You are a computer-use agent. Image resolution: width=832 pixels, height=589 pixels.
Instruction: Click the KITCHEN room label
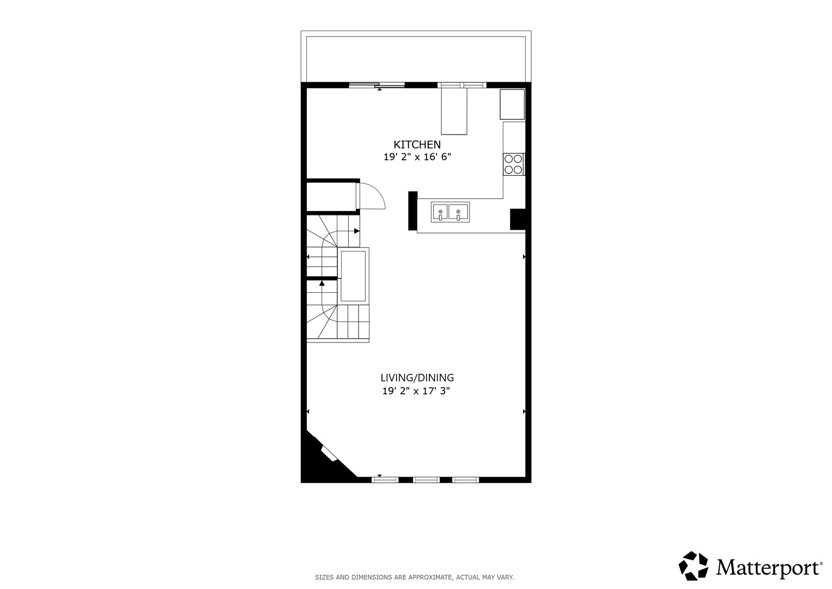point(417,145)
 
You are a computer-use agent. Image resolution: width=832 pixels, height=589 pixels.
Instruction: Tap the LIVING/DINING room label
point(417,378)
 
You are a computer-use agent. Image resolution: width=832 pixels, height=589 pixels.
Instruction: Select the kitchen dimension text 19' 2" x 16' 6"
point(417,157)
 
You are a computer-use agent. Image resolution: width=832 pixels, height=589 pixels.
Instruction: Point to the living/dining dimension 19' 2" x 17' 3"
point(416,391)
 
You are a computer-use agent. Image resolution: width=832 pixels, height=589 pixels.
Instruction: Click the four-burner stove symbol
point(514,164)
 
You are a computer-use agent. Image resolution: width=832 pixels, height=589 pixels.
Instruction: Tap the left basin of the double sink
point(440,212)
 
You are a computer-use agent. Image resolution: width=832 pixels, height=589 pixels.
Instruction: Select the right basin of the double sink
point(458,212)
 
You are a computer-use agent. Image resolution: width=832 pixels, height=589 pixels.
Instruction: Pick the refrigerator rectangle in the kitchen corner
point(512,104)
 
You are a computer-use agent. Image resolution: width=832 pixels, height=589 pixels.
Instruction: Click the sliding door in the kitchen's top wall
point(376,85)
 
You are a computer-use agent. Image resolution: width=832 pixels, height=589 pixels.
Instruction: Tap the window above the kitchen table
point(461,85)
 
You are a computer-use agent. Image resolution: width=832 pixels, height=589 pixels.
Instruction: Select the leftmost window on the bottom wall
point(385,480)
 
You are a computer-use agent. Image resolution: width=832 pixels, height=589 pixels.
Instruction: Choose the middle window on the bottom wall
point(427,480)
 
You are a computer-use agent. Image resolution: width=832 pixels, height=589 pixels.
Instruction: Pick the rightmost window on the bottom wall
point(465,480)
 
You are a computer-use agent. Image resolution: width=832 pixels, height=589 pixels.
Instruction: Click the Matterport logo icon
point(694,566)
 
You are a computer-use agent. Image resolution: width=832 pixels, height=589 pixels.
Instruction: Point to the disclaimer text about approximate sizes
point(415,577)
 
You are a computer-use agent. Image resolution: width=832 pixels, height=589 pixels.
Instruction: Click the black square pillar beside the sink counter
point(518,219)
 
